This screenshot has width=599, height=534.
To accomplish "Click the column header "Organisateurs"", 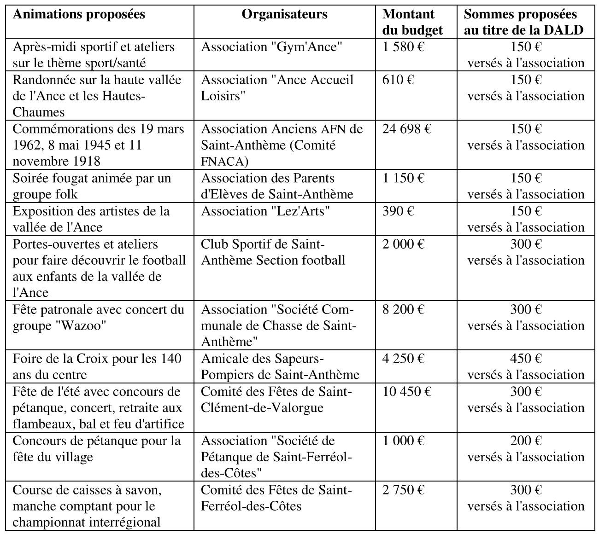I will click(284, 14).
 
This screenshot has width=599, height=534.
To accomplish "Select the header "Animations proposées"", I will click(79, 14).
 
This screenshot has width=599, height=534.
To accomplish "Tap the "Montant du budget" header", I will click(412, 22).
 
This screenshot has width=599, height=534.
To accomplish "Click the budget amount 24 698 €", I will click(406, 129).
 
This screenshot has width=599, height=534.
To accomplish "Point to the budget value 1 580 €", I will click(403, 47).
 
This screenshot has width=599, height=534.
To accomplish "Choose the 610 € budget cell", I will click(398, 80).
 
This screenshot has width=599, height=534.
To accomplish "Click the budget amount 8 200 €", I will click(403, 309).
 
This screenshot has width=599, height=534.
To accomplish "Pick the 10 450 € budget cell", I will click(406, 391).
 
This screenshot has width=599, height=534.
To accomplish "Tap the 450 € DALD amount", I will click(526, 359).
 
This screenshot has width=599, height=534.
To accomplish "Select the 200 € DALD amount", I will click(526, 441).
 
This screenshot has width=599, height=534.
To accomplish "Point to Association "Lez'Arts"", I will click(265, 211).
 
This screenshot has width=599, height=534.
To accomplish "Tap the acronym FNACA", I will click(224, 162).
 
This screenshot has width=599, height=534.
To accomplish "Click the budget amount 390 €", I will click(398, 211).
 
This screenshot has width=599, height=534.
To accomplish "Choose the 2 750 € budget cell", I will click(403, 490).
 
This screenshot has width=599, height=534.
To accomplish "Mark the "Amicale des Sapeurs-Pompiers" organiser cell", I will click(280, 366).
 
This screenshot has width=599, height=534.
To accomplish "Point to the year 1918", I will click(87, 162).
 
